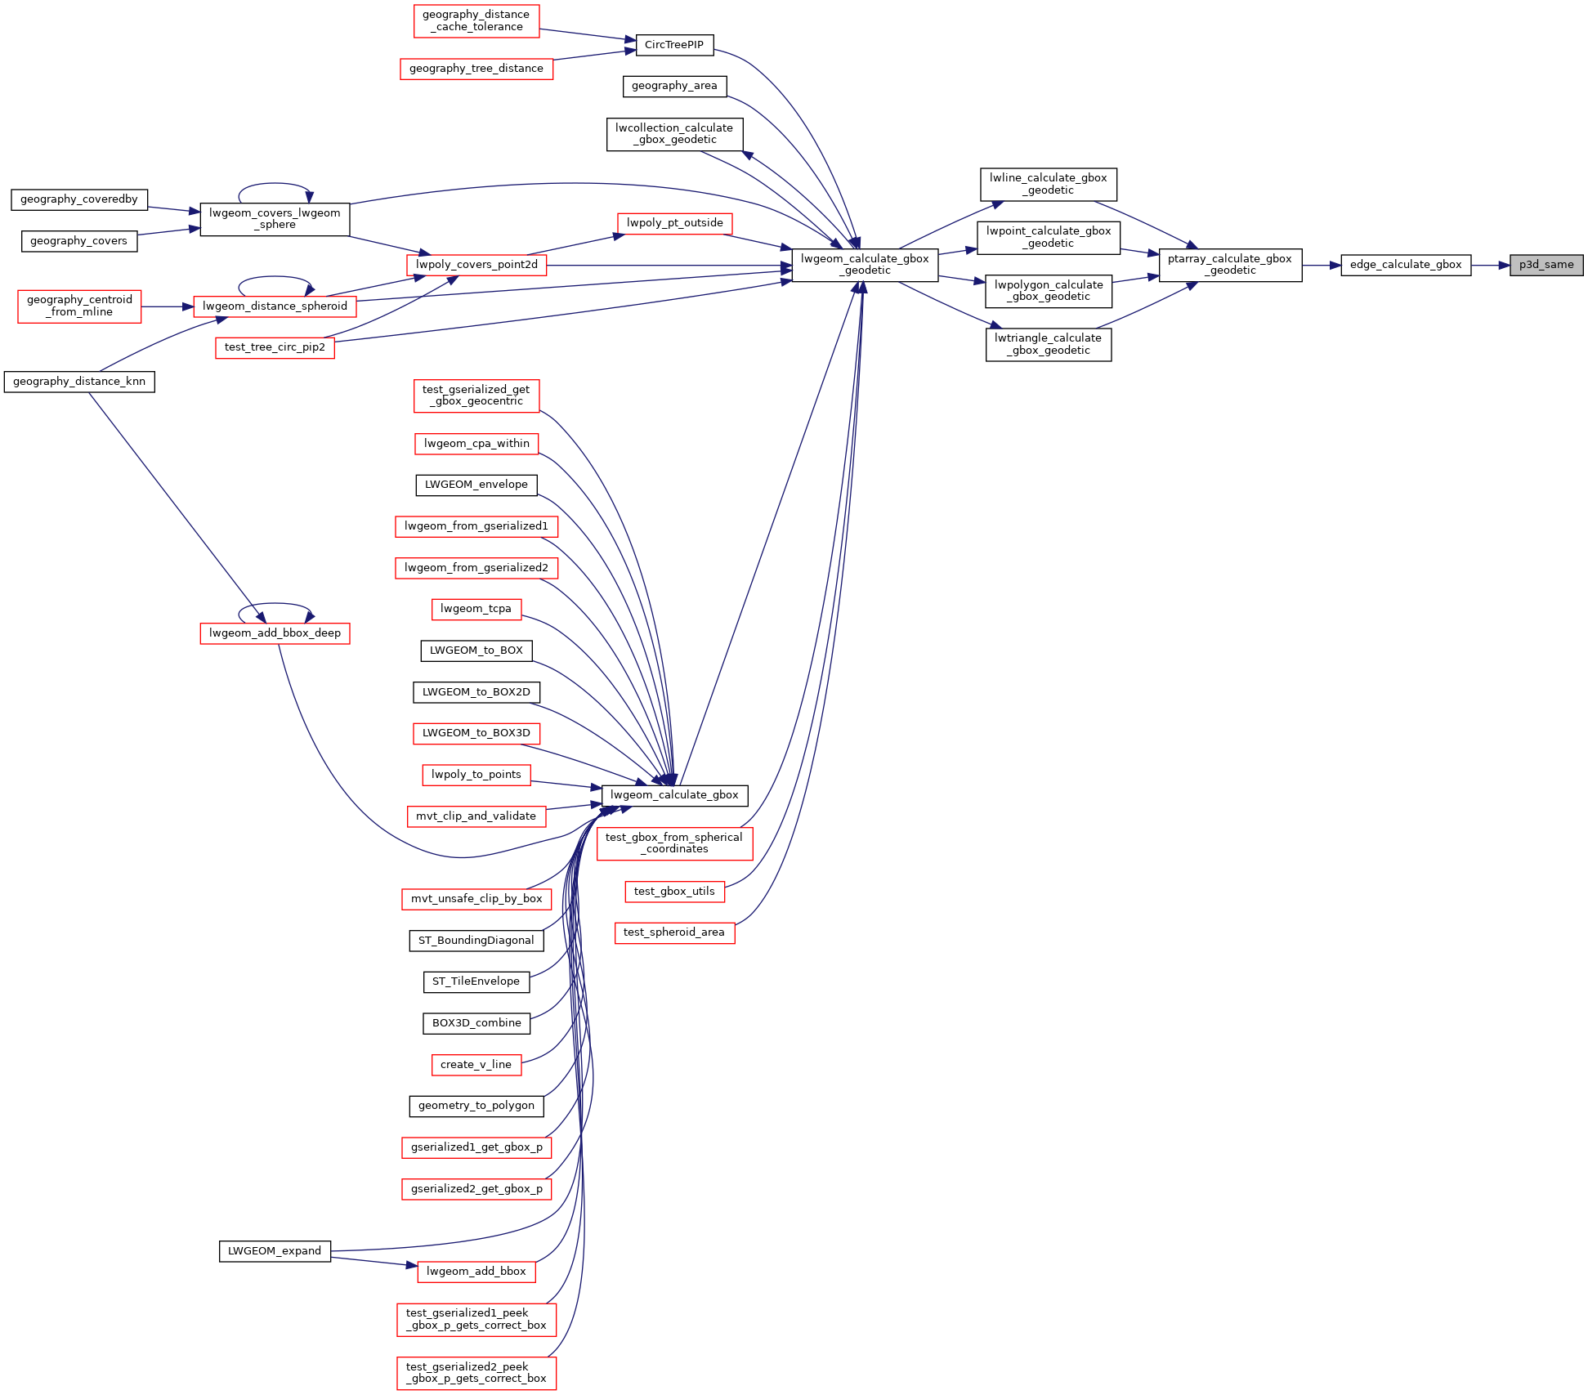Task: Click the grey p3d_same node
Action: coord(1546,265)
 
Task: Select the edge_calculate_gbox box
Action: coord(1406,265)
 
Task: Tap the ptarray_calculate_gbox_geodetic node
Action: coord(1230,265)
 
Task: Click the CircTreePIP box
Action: coord(674,45)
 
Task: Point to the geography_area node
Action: coord(674,86)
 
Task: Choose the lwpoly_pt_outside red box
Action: coord(675,223)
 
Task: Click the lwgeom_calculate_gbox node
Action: coord(674,795)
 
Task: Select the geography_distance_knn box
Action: coord(79,382)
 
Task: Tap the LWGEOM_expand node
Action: coord(275,1251)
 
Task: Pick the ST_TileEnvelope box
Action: coord(476,981)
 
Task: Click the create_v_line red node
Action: coord(476,1065)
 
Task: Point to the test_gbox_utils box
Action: coord(674,892)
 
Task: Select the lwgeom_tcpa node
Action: coord(476,609)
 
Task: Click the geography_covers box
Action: coord(79,241)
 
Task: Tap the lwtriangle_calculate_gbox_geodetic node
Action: coord(1049,344)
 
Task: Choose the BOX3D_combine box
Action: coord(476,1023)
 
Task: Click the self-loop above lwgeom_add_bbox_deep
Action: coord(275,604)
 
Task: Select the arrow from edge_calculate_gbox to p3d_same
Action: coord(1491,266)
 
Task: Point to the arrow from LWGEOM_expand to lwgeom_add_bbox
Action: coord(374,1262)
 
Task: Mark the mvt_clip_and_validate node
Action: coord(476,816)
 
